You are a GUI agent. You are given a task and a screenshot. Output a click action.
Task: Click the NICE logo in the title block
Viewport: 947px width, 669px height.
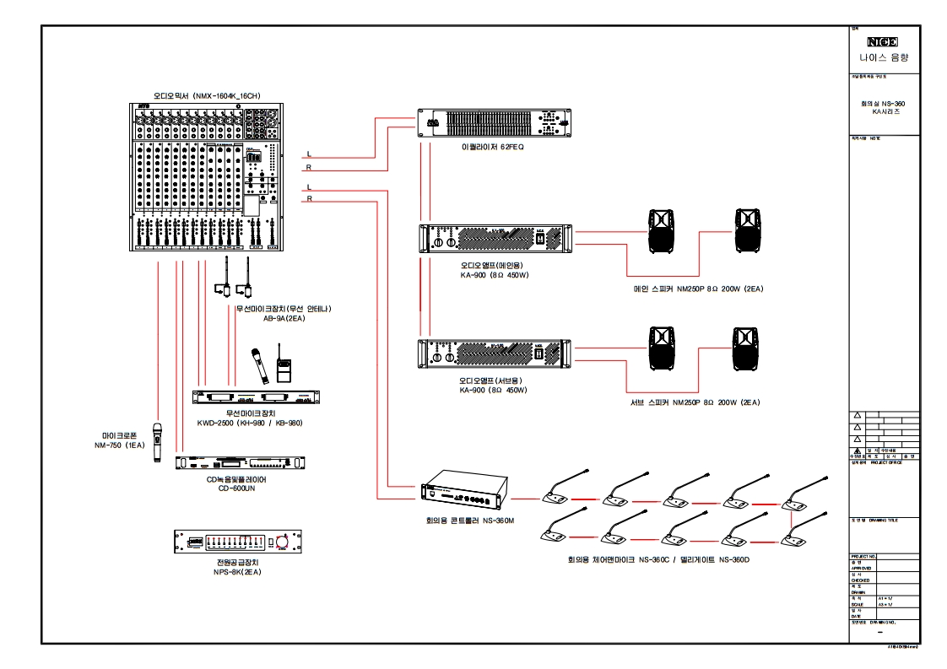click(883, 41)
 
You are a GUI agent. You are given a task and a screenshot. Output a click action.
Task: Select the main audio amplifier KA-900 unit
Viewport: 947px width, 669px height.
click(495, 239)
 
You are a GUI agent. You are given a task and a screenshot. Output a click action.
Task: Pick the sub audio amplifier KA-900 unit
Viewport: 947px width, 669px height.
click(495, 353)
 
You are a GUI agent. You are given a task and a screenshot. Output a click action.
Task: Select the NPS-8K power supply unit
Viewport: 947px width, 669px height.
click(238, 542)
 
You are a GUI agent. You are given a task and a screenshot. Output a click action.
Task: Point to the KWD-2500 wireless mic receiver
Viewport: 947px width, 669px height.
click(257, 397)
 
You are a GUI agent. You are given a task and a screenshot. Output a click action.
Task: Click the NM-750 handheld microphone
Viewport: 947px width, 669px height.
click(157, 442)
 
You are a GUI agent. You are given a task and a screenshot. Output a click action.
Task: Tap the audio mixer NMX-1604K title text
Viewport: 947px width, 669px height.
click(206, 96)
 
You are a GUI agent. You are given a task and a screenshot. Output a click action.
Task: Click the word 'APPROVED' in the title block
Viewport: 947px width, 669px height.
click(861, 569)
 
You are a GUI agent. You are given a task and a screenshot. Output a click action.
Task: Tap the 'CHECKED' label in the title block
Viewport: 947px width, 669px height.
click(860, 580)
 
